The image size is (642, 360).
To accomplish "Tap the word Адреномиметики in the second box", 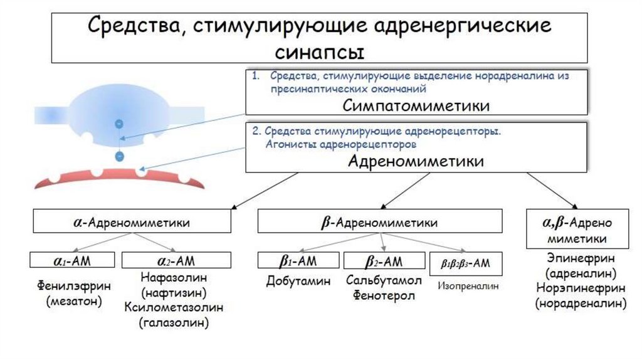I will click(x=416, y=161).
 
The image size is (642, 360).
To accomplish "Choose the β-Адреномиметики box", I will click(x=380, y=222).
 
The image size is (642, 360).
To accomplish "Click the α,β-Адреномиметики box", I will click(x=577, y=231).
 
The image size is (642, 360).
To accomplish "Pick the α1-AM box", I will click(x=73, y=260).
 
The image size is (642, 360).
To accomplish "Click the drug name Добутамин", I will click(x=298, y=281).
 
